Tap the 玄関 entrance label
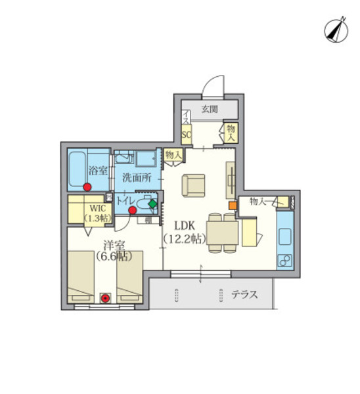(x=210, y=109)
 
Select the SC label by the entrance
(x=186, y=135)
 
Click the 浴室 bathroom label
(x=97, y=171)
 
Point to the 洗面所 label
(x=137, y=177)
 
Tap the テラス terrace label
(x=244, y=295)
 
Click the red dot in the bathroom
(x=87, y=186)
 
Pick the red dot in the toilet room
(x=133, y=211)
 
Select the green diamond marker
(x=152, y=204)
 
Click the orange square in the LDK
(x=232, y=205)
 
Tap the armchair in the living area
(x=194, y=184)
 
